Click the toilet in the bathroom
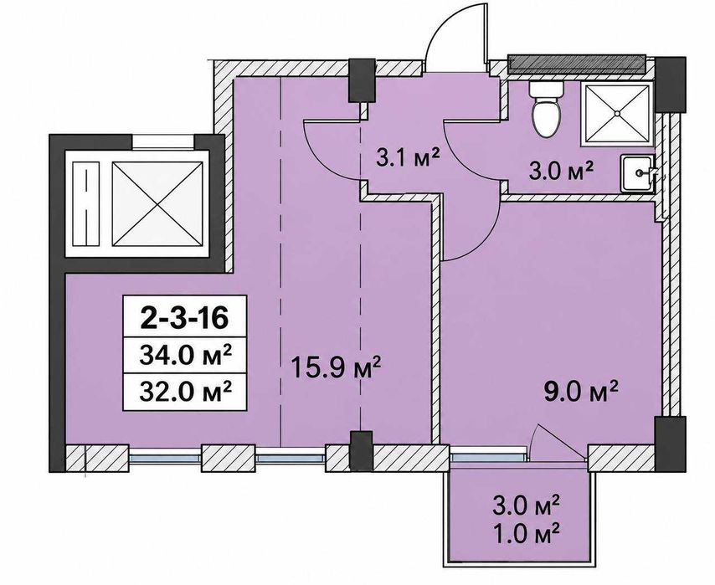pos(546,110)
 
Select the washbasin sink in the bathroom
pos(638,172)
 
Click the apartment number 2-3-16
pos(184,318)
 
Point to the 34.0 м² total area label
pos(185,356)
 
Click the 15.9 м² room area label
pos(336,368)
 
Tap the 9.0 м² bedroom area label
pos(581,392)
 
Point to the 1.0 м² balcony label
pos(528,531)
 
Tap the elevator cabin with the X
pos(157,203)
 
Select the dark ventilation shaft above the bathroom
pos(576,65)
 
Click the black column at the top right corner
pos(670,84)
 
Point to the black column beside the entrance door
pos(362,80)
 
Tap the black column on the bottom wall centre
pos(362,450)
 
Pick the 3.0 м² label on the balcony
pos(528,505)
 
